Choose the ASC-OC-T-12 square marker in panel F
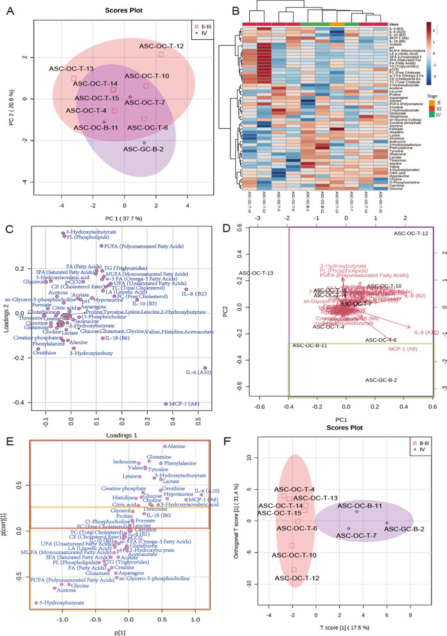pyautogui.click(x=294, y=569)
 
